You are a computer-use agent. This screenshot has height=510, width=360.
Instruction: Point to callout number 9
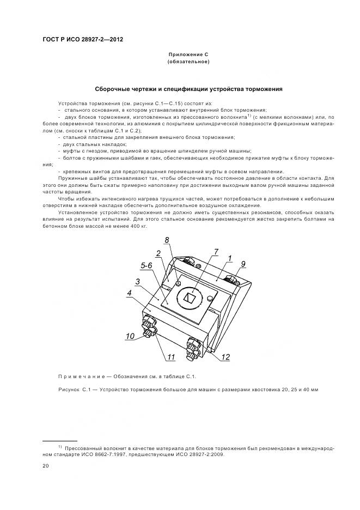point(243,264)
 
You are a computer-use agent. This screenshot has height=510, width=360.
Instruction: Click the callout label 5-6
point(147,265)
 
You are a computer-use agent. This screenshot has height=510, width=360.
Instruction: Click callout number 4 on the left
point(129,293)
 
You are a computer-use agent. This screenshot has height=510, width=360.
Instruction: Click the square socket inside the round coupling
point(190,298)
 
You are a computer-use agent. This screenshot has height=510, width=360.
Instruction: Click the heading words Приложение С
point(188,56)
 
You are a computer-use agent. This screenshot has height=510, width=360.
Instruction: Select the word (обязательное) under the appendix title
point(188,63)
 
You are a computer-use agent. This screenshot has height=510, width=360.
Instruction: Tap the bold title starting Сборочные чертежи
point(188,89)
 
